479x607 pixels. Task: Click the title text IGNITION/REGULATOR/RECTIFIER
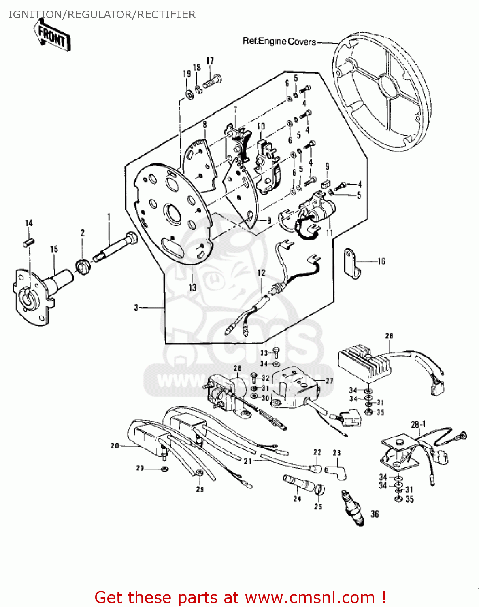click(102, 15)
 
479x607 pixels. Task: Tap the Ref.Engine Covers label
click(279, 41)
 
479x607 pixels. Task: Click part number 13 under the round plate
click(192, 287)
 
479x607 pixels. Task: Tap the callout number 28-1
click(418, 424)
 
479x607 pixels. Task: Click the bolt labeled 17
click(212, 81)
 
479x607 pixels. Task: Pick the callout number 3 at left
click(136, 308)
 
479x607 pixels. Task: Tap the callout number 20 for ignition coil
click(115, 446)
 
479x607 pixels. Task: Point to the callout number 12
click(261, 273)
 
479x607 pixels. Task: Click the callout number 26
click(237, 368)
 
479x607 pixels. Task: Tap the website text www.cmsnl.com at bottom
click(310, 597)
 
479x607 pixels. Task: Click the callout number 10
click(261, 126)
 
